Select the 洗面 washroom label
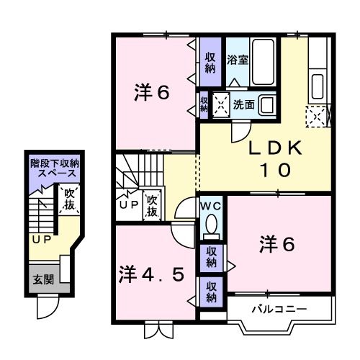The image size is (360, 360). [x=243, y=104]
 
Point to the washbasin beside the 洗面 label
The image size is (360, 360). [x=267, y=104]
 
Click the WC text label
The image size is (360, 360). [x=210, y=207]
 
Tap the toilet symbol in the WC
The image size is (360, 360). [x=212, y=228]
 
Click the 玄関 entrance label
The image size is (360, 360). [x=40, y=279]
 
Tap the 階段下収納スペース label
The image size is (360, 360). [x=54, y=168]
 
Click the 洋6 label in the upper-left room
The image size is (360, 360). [x=152, y=93]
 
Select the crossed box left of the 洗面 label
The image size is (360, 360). [x=220, y=105]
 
